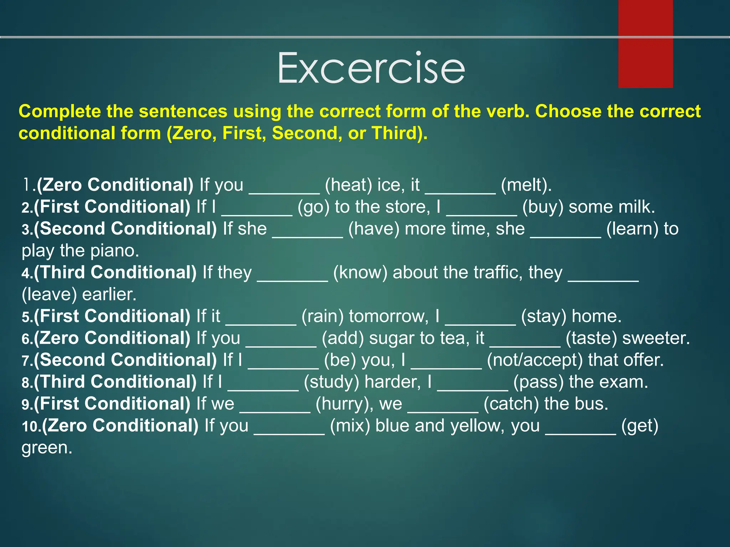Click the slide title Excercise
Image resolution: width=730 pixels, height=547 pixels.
[x=371, y=68]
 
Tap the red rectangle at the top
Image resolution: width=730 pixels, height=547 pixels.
[x=645, y=43]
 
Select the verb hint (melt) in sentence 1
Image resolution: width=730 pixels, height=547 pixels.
[x=526, y=185]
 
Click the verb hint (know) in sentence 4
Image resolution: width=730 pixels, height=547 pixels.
[x=360, y=272]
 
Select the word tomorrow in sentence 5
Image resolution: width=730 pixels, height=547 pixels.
[x=389, y=316]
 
